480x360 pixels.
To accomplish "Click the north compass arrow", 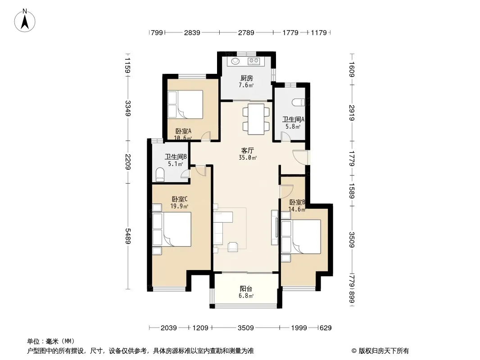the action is pos(25,22).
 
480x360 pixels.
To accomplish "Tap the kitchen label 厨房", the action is pos(246,78).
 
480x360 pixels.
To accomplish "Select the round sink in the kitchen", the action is pos(235,61).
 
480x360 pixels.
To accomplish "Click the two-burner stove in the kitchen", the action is pos(254,61).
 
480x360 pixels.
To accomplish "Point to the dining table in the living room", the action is pos(256,119).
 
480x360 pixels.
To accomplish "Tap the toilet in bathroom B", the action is pos(160,175).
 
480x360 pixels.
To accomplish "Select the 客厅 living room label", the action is pos(247,150).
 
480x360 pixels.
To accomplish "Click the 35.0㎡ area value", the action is pos(248,158).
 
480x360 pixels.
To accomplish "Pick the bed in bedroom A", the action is pos(185,104).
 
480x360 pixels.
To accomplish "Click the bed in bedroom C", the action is pos(172,229).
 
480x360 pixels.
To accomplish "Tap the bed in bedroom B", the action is pos(301,236).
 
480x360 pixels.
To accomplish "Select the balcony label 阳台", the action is pos(246,289).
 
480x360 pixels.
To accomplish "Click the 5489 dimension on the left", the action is pos(127,236).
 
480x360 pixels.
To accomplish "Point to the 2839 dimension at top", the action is pos(192,32).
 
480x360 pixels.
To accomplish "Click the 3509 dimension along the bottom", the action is pos(246,328).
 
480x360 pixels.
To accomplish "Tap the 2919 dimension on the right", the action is pos(352,112).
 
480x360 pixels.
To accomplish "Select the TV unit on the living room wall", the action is pos(275,227).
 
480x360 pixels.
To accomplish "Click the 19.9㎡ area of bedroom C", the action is pos(179,206).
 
